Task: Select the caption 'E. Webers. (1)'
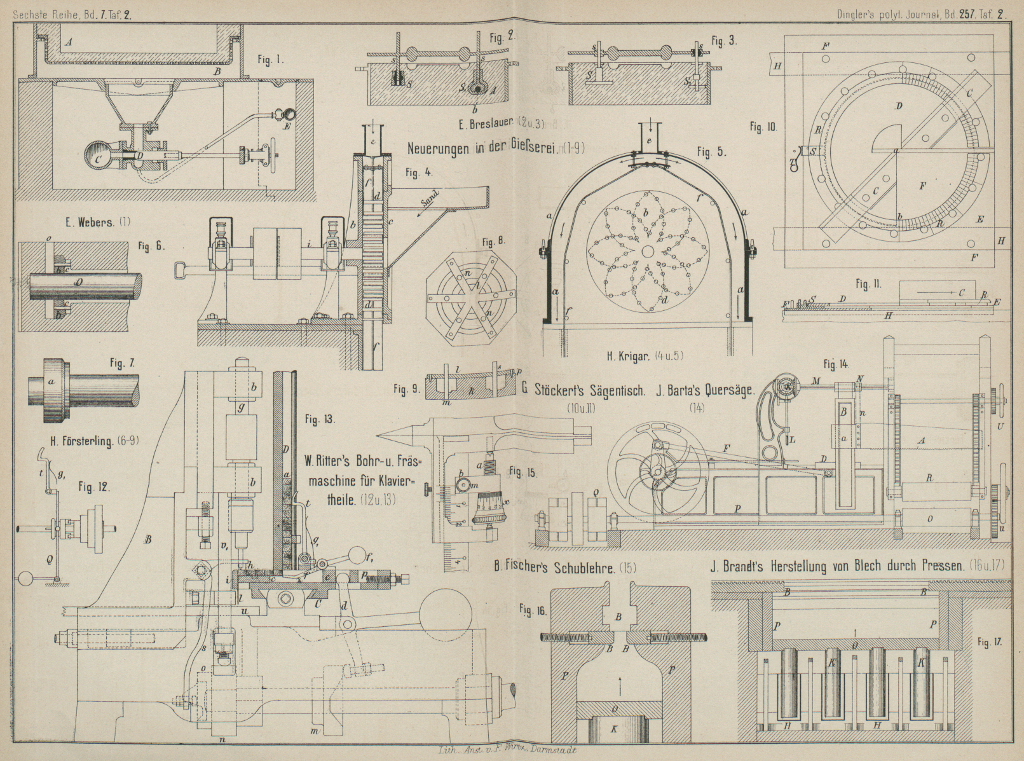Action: [97, 222]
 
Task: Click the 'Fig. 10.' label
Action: [763, 127]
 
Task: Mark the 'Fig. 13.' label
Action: [320, 419]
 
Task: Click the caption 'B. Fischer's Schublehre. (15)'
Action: [570, 568]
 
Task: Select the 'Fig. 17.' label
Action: [990, 641]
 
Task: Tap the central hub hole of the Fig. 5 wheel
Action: [648, 252]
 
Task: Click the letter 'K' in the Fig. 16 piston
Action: [613, 730]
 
